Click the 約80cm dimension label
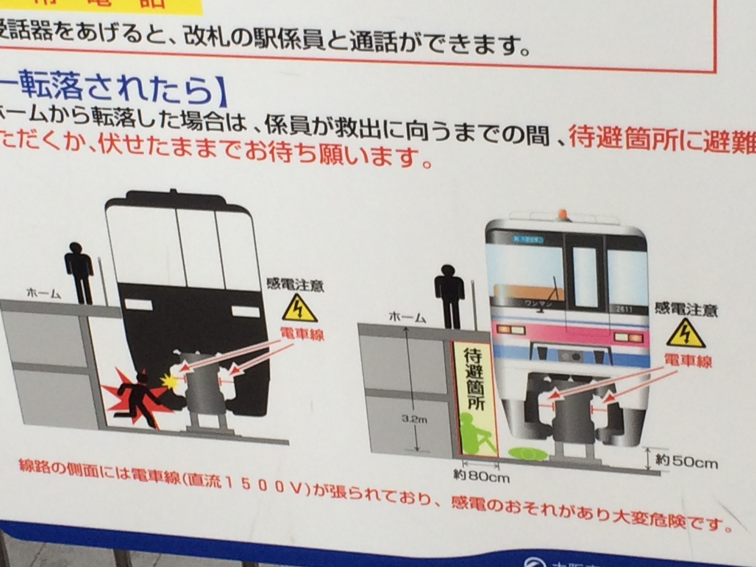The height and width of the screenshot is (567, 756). pyautogui.click(x=481, y=476)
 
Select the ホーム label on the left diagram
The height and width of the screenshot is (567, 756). pyautogui.click(x=44, y=294)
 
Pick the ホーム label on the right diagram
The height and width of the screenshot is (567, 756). pyautogui.click(x=407, y=318)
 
